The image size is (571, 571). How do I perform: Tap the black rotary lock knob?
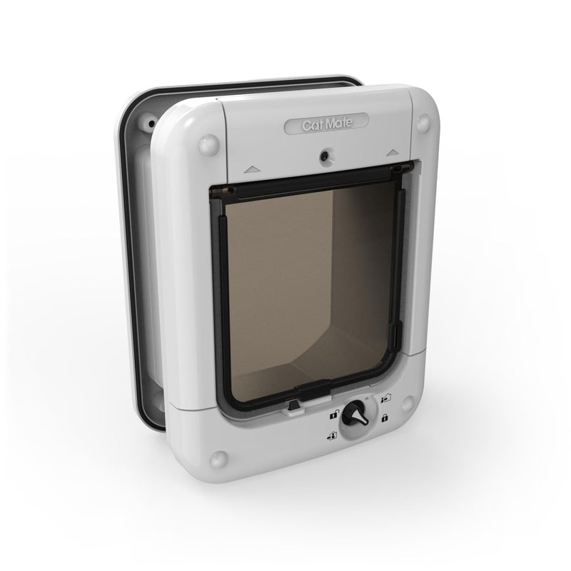355,417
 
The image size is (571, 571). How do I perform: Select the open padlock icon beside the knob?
333,414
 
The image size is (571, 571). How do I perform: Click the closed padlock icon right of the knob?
385,416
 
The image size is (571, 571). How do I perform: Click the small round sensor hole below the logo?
325,153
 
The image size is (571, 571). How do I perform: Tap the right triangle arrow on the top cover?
391,151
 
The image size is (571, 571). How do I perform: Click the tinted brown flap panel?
307,285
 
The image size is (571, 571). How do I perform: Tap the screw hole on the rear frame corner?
151,123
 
